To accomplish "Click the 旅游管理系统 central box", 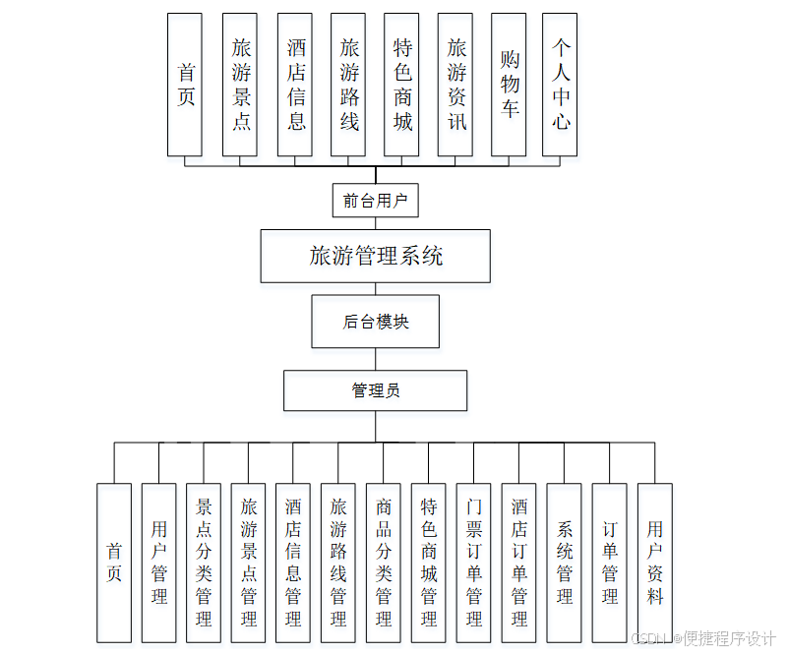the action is [x=375, y=257].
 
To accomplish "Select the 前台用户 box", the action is [x=375, y=201].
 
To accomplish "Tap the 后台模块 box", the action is [x=375, y=322].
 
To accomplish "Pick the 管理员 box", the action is [x=375, y=390].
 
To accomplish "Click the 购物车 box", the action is [x=509, y=85].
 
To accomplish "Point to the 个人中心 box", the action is [x=560, y=85].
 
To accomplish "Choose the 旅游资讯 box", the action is [x=455, y=85].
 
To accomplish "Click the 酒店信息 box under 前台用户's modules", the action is [x=295, y=85].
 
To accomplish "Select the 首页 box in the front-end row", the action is [x=185, y=85].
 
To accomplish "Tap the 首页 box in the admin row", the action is [x=114, y=563].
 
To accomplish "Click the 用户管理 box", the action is [x=158, y=563].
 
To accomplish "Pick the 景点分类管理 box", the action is [x=204, y=563].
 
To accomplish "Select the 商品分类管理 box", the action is [x=384, y=563].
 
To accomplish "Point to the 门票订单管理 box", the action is [x=473, y=563].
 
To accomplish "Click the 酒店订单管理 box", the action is [x=518, y=563].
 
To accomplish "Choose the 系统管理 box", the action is [x=564, y=563].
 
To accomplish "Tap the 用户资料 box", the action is [x=654, y=563].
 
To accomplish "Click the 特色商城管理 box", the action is [x=429, y=563].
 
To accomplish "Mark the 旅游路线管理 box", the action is [x=338, y=563].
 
